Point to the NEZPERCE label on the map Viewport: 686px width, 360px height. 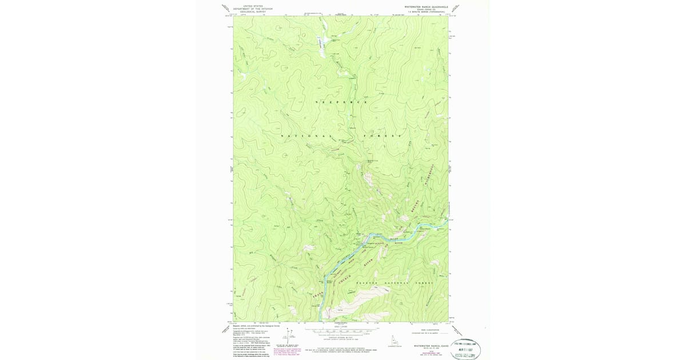341,102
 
